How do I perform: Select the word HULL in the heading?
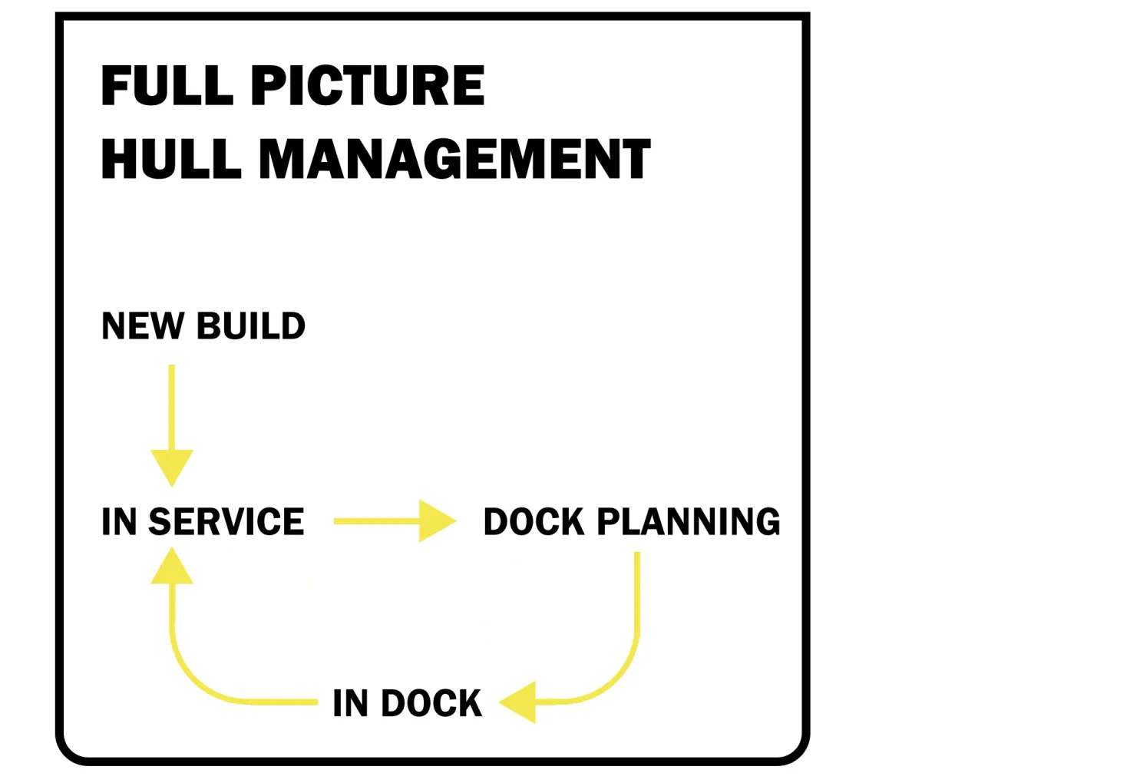[171, 159]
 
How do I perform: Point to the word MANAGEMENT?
[454, 159]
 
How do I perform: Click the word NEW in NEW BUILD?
[143, 326]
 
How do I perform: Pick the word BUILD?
[251, 326]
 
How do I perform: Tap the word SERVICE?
[226, 521]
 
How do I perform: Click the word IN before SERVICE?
[119, 521]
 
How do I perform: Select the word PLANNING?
[689, 521]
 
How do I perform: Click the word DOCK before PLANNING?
[534, 521]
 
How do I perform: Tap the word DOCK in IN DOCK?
[431, 703]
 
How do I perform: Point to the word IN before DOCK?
[350, 703]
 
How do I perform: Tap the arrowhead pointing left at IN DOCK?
[517, 702]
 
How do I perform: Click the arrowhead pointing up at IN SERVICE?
[172, 566]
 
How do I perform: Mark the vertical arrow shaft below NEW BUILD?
[172, 407]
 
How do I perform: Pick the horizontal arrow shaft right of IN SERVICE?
[376, 521]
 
